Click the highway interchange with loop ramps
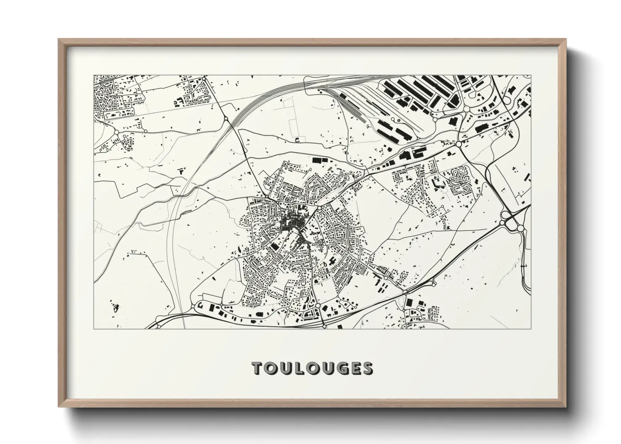512,220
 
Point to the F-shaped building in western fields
182,171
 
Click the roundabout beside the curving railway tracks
226,119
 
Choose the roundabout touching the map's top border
204,78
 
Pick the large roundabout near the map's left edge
116,132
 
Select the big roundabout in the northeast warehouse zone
458,144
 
